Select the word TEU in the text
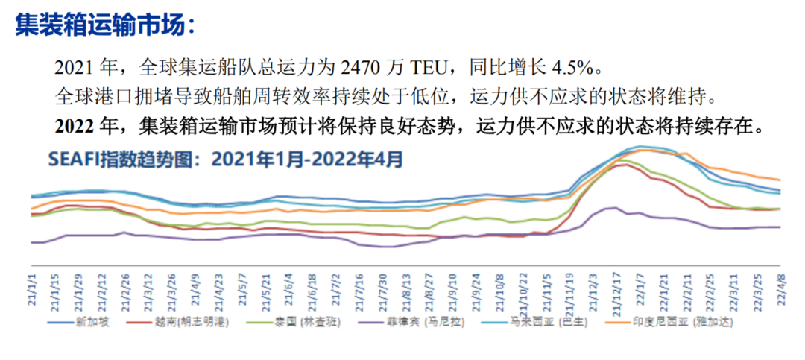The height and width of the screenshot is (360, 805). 427,69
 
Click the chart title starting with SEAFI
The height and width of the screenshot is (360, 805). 224,159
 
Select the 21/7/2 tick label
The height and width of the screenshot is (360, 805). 335,288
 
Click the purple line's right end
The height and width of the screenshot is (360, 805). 780,227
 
